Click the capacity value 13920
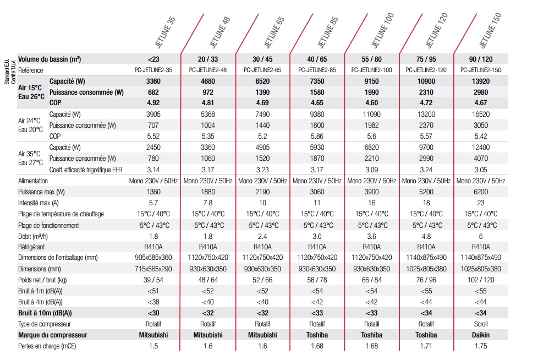click(x=481, y=81)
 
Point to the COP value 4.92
click(x=153, y=102)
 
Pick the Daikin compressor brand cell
click(x=481, y=335)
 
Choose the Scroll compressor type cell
click(x=481, y=324)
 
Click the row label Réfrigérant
click(x=32, y=247)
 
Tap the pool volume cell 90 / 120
click(x=481, y=59)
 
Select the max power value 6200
click(x=481, y=192)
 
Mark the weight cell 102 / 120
click(x=481, y=280)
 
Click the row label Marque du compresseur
click(x=53, y=335)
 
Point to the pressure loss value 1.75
click(x=481, y=346)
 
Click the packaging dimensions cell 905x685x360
click(x=153, y=258)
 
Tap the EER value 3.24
click(x=426, y=170)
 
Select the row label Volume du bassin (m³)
click(x=50, y=59)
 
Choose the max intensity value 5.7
click(x=153, y=203)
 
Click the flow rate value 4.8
click(x=426, y=236)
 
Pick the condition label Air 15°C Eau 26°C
click(x=31, y=92)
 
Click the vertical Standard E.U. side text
click(x=7, y=72)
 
